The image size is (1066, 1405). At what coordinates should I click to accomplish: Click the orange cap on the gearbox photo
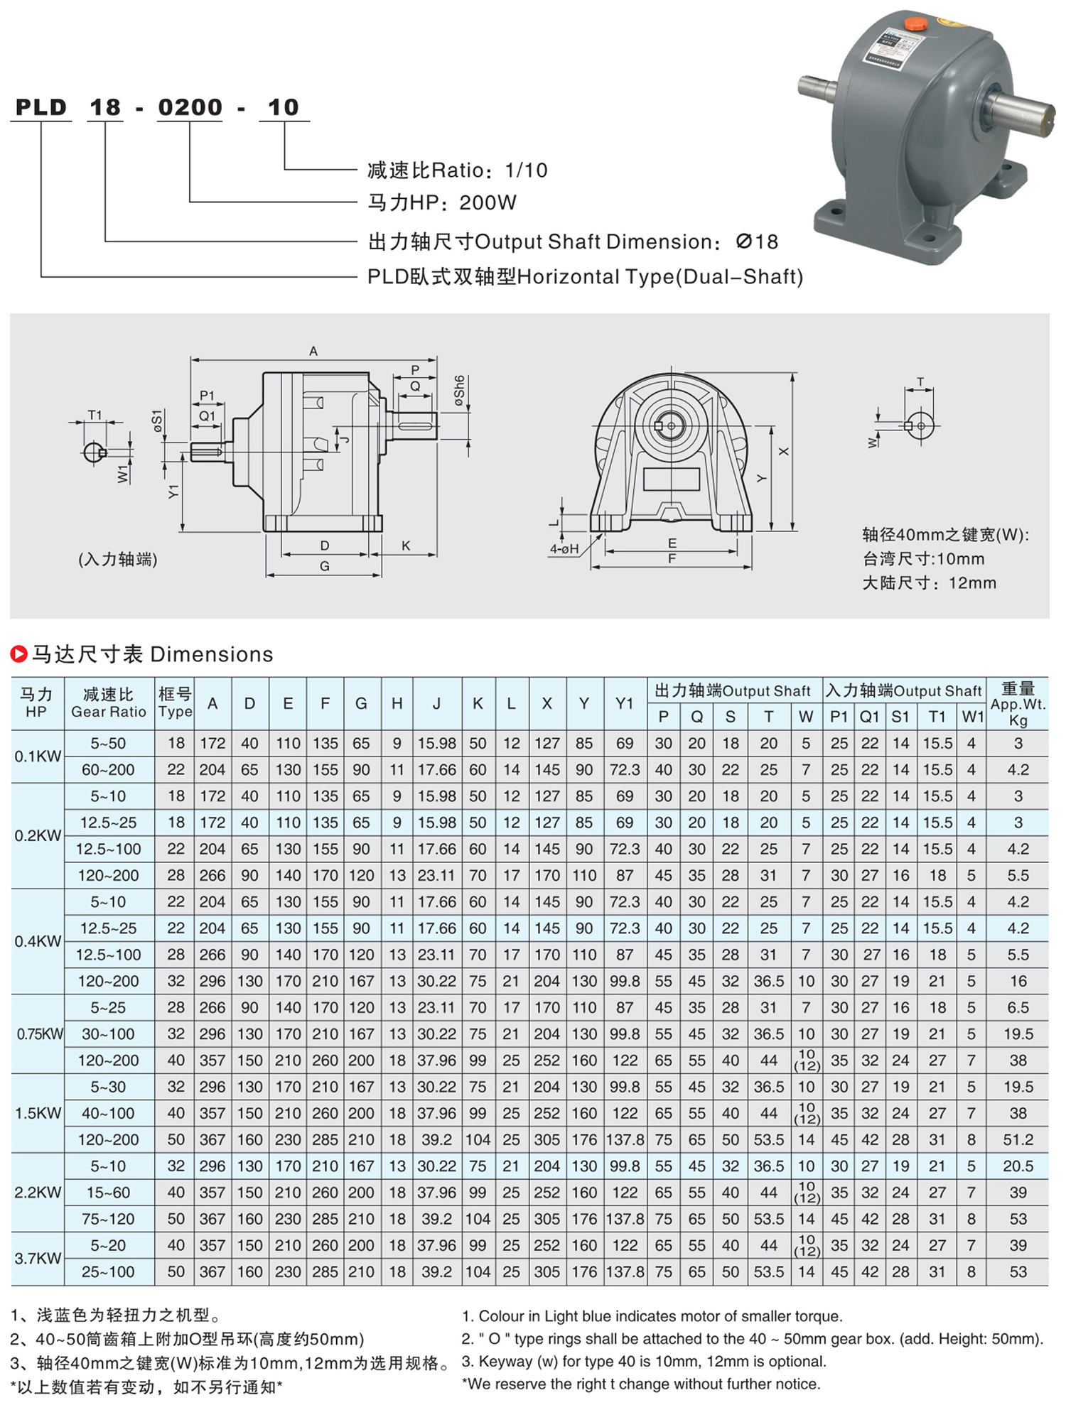915,24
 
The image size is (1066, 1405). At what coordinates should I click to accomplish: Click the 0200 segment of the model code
190,107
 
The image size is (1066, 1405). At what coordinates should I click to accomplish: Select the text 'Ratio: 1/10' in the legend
490,170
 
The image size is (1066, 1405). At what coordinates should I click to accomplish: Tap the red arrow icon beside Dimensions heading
19,653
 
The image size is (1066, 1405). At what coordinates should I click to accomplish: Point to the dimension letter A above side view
313,351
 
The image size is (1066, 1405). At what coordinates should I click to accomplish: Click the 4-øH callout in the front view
564,548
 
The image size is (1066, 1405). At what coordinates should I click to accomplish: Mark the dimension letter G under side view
324,566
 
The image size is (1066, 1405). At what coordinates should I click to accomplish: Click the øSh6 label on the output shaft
460,391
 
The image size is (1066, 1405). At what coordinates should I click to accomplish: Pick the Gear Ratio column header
109,703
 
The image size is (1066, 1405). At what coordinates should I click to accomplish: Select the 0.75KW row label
40,1034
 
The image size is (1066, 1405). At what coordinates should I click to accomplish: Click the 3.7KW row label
38,1258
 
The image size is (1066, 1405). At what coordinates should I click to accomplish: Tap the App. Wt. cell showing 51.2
1018,1139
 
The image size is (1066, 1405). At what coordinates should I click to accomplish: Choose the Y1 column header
624,703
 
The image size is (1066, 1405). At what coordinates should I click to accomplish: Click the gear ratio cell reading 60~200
108,769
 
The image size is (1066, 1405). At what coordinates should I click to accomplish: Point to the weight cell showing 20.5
1018,1166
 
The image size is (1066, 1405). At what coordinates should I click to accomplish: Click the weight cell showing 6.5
1018,1007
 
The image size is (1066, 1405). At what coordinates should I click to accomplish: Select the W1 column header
972,717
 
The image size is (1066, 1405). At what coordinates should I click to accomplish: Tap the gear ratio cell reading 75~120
108,1219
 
